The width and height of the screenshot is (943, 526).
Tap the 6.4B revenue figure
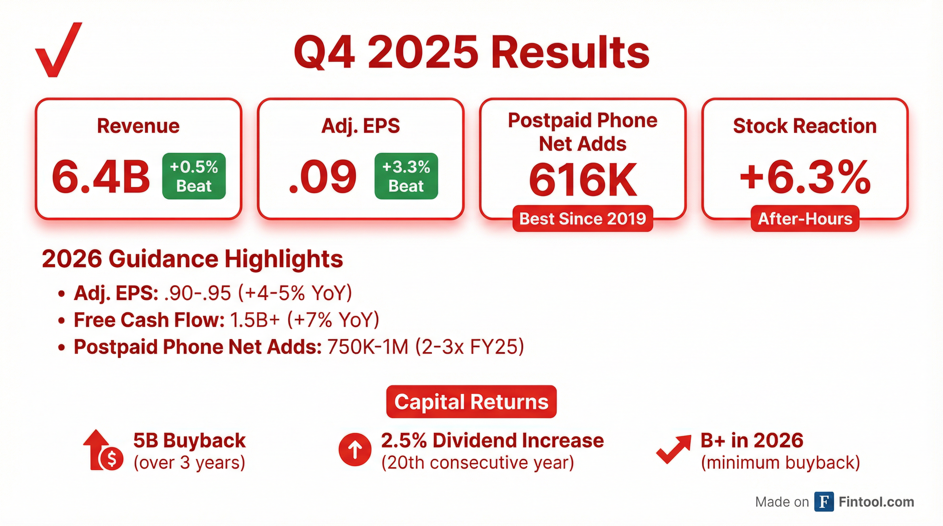pos(101,177)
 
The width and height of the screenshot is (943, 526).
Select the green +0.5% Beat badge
pos(194,176)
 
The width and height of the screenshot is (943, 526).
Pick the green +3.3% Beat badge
pos(406,176)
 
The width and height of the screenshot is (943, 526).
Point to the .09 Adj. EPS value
pos(322,177)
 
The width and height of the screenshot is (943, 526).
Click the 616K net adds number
pos(583,180)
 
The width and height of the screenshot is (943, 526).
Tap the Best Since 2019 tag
pos(583,218)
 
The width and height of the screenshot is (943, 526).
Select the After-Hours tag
pos(805,218)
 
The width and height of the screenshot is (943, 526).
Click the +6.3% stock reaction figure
pos(805,177)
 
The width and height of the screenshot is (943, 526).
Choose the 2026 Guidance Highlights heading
pos(193,259)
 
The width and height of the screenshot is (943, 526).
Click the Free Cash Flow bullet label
pos(149,320)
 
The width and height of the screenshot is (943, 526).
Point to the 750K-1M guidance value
pos(368,347)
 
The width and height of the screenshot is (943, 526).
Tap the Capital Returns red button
pos(472,402)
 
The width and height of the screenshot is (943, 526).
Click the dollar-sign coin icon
pos(112,459)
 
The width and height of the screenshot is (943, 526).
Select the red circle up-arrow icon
pos(355,450)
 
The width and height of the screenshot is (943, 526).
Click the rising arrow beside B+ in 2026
pos(674,449)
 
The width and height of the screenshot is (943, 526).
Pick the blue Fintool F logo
pos(824,502)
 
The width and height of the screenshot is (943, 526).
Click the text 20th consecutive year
pos(478,463)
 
